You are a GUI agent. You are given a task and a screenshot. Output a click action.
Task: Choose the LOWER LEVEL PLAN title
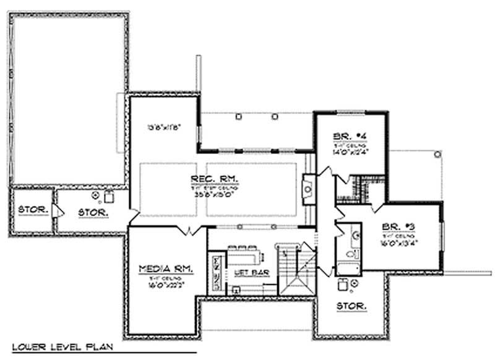pos(56,347)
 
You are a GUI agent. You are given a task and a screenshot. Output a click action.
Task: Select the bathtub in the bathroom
pos(348,269)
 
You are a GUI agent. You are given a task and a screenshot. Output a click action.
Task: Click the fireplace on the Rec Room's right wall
pos(308,185)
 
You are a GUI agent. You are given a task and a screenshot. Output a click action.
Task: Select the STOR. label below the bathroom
pos(350,306)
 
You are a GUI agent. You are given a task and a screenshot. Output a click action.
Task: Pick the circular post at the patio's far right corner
pos(437,153)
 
